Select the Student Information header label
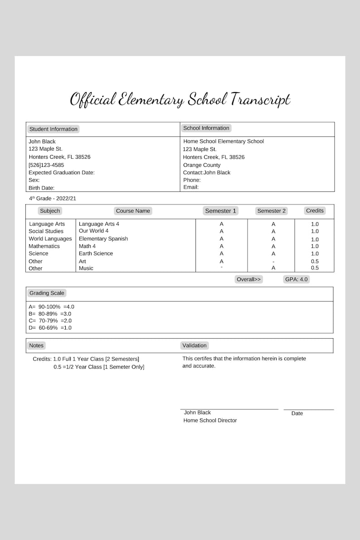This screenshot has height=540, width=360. point(53,129)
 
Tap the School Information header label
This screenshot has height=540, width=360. point(206,128)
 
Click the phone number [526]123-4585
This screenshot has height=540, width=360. point(46,165)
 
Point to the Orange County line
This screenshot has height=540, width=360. point(202,165)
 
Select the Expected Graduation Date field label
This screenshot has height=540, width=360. point(62,173)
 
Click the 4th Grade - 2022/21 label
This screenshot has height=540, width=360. point(53,199)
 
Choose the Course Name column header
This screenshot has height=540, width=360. point(133,211)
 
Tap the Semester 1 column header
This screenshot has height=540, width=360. point(220,211)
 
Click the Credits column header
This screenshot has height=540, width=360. point(315,211)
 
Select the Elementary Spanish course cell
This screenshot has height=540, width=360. point(103,239)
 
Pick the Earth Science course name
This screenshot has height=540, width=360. point(96,253)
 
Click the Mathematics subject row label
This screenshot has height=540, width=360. point(44,246)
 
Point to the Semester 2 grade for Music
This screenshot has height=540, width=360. point(273,268)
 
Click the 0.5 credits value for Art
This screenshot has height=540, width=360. point(315,261)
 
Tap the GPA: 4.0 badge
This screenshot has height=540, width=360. point(296,279)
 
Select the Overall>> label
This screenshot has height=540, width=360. point(248,279)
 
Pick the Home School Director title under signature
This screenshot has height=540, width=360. point(210,420)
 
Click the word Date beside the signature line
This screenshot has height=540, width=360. point(297,414)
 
